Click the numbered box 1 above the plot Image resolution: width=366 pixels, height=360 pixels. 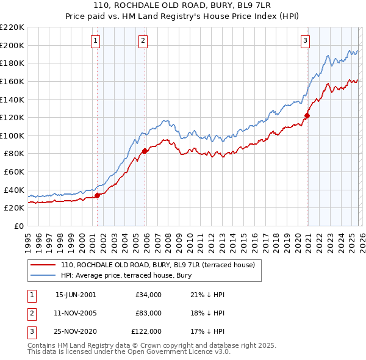pos(96,41)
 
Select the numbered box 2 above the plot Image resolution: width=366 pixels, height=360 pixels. pos(143,41)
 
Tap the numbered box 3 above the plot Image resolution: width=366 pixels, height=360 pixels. pos(305,41)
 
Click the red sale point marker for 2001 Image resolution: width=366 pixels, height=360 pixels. pos(97,195)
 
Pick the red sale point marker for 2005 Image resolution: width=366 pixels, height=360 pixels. pos(145,151)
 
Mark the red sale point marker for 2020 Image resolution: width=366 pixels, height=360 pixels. pos(307,115)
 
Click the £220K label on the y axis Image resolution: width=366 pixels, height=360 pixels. pos(12,27)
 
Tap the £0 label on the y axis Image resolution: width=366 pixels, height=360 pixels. pos(18,226)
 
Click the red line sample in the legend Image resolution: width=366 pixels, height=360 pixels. pos(43,265)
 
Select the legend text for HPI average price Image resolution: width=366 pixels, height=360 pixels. pos(126,276)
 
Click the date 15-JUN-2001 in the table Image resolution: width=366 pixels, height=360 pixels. pos(75,295)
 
